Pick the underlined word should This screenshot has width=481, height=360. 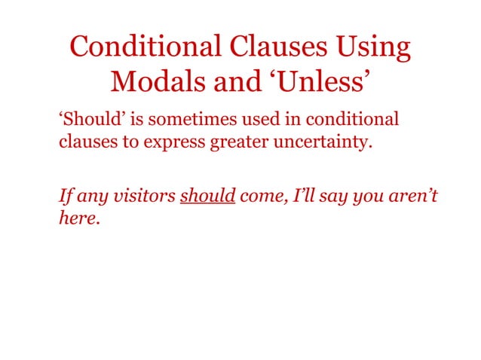point(208,197)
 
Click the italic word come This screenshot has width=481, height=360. point(259,197)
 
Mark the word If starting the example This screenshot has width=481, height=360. point(66,197)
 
